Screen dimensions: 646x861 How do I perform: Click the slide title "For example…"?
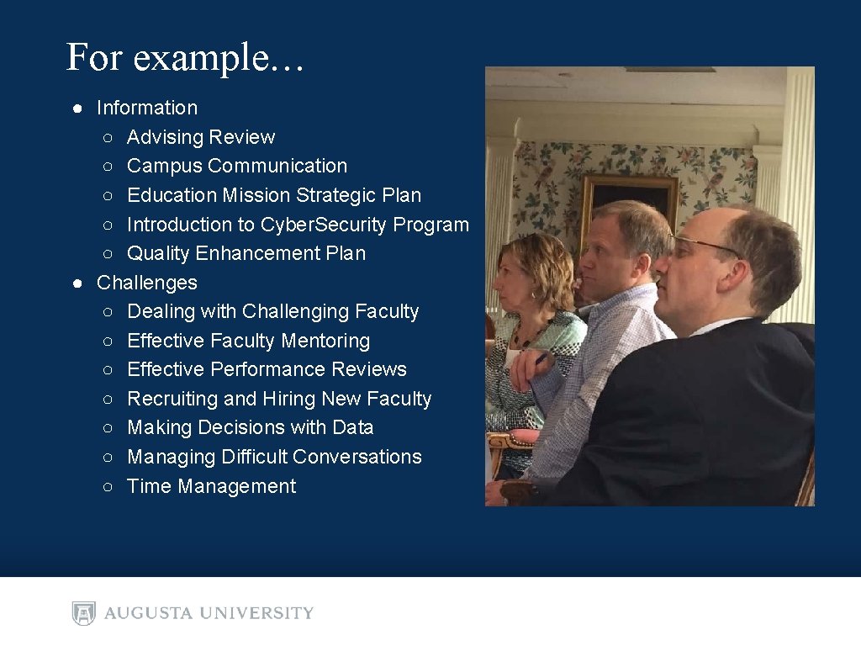click(x=185, y=57)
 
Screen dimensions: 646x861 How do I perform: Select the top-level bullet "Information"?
click(x=147, y=108)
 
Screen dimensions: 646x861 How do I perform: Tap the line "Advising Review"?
click(x=201, y=137)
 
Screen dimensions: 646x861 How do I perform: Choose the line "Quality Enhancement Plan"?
click(x=246, y=253)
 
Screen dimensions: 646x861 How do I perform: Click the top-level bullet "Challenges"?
click(x=147, y=283)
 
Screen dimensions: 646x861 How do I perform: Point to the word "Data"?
click(x=352, y=427)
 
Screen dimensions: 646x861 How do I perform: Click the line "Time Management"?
click(x=211, y=486)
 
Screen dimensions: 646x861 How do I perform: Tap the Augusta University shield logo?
click(x=83, y=613)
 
